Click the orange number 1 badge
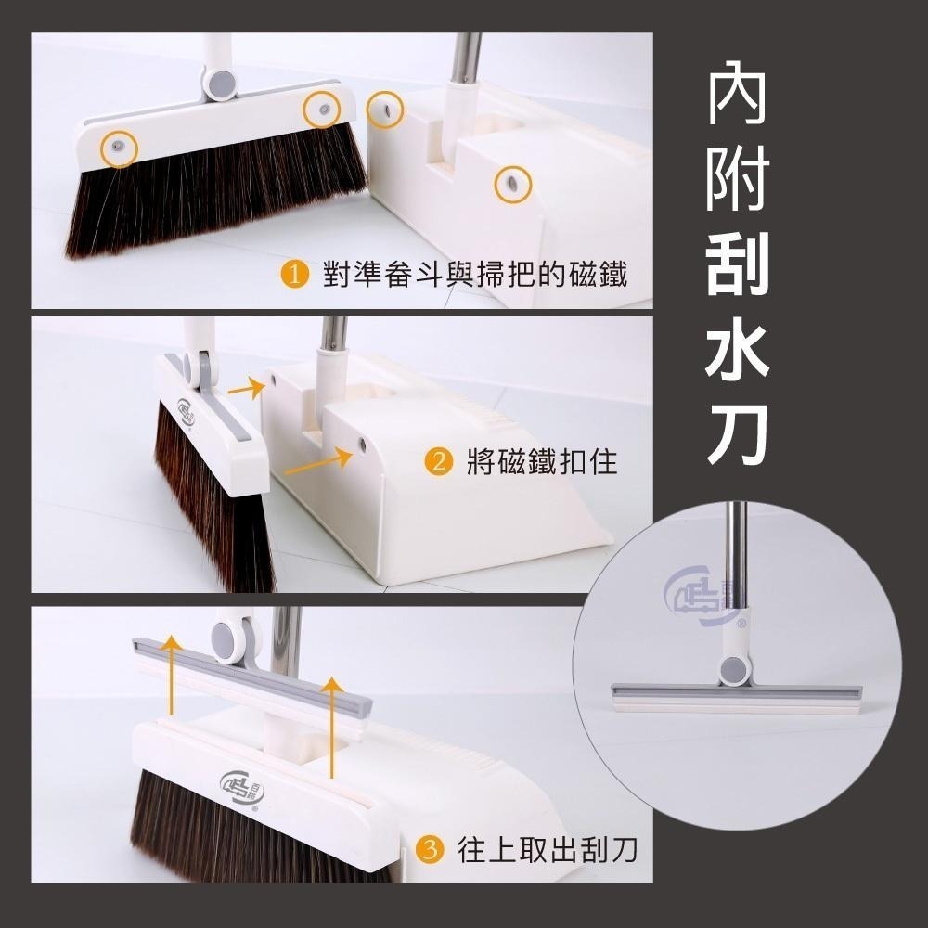coord(294,275)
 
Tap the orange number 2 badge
coord(438,461)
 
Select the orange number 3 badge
coord(429,848)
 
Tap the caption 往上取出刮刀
coord(548,848)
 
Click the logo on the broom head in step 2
coord(183,411)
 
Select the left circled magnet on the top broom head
coord(120,148)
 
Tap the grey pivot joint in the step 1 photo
coord(221,84)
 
